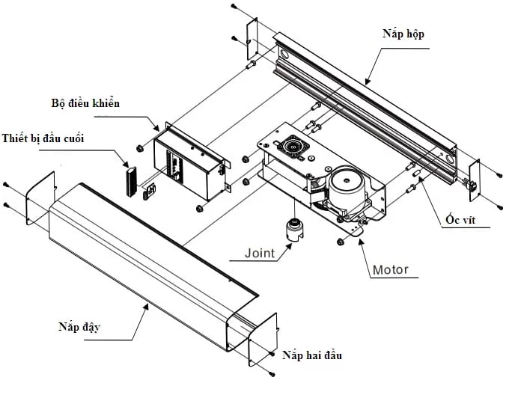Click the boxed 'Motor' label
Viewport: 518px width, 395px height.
391,269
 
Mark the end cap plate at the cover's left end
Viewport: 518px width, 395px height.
40,197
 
